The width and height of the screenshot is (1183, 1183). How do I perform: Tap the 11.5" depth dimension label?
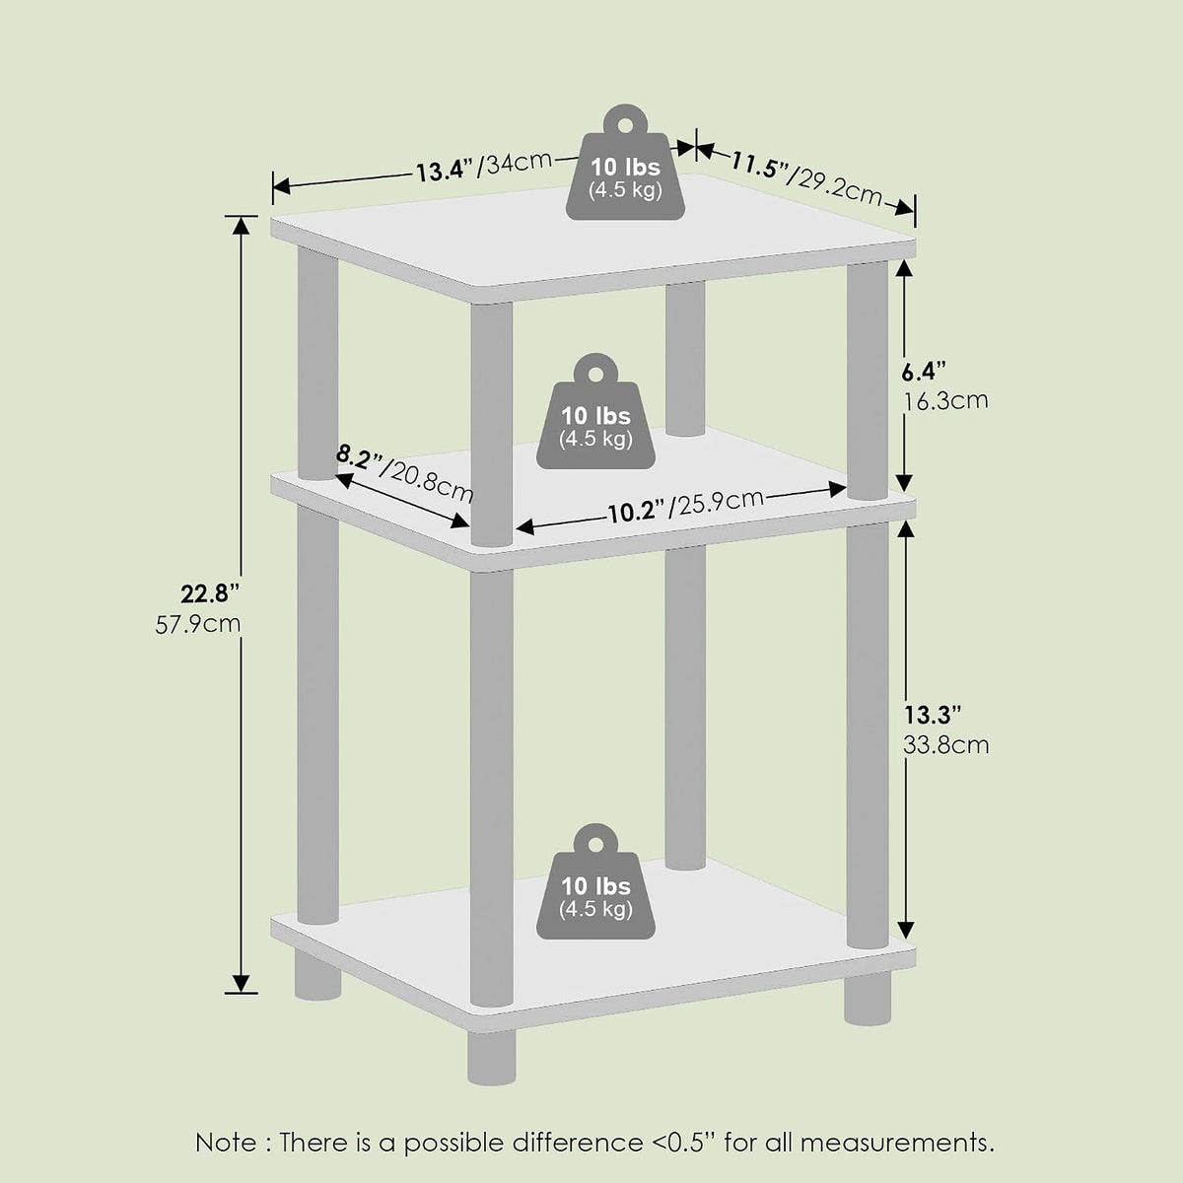tap(759, 166)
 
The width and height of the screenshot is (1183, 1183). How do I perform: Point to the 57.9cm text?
tap(198, 624)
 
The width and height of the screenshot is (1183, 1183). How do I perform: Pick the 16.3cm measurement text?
tap(946, 401)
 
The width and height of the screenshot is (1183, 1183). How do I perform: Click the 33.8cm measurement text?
tap(946, 745)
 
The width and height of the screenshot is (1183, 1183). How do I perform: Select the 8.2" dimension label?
tap(359, 458)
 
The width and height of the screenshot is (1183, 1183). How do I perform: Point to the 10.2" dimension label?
tap(636, 511)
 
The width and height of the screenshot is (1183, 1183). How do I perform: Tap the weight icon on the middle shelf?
tap(595, 411)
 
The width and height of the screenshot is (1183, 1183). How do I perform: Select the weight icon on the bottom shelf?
tap(595, 881)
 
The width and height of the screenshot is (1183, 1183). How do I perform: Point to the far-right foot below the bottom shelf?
tap(868, 999)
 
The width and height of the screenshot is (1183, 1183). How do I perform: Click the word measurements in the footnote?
tap(897, 1144)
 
